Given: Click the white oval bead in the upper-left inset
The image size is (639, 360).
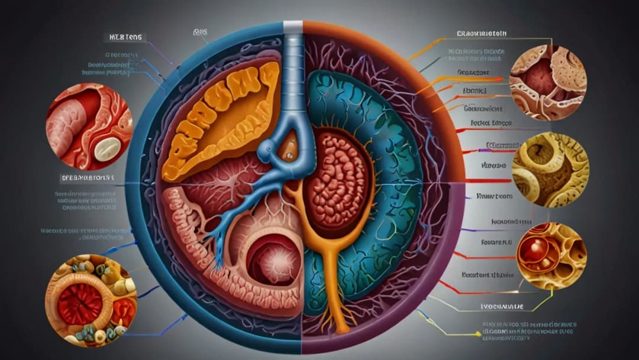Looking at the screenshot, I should pos(106,149).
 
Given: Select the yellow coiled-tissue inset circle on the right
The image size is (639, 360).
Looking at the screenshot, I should pos(550,169).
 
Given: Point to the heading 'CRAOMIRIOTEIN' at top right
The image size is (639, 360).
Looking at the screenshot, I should pos(485,33).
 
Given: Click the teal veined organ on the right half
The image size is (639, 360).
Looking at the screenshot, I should pos(390,178).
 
